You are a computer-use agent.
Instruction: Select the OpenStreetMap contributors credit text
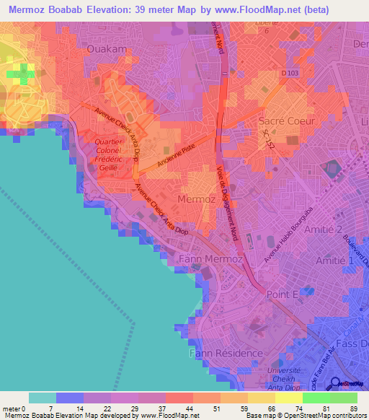(x=324, y=416)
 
